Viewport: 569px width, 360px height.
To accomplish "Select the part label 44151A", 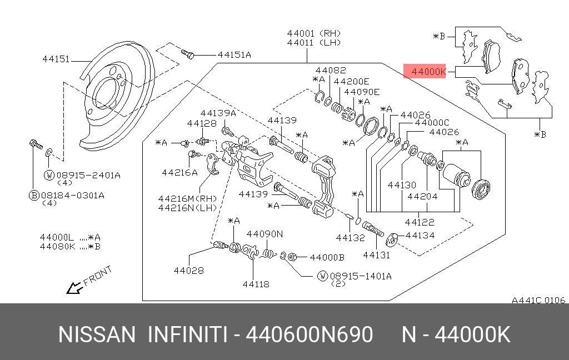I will (x=234, y=54).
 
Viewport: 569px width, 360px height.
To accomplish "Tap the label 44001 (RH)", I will (x=313, y=33).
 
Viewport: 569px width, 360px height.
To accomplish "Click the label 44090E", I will (x=361, y=92).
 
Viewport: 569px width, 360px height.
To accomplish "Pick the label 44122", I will (x=420, y=222).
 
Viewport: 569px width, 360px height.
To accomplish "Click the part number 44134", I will (x=420, y=236).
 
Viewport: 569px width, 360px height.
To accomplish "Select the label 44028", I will (x=188, y=271).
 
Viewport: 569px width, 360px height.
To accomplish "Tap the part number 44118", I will (x=256, y=284).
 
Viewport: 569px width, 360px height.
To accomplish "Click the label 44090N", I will (x=264, y=234).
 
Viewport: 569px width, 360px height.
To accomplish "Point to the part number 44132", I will (x=350, y=238).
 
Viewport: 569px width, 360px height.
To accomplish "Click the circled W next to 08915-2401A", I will (x=49, y=176).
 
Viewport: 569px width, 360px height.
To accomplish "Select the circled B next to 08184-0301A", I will (x=34, y=195).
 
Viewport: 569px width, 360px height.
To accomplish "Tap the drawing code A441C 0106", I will (x=538, y=300).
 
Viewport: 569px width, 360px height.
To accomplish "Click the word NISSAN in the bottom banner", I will (x=97, y=336).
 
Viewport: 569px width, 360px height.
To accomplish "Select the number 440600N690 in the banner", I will (x=309, y=336).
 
